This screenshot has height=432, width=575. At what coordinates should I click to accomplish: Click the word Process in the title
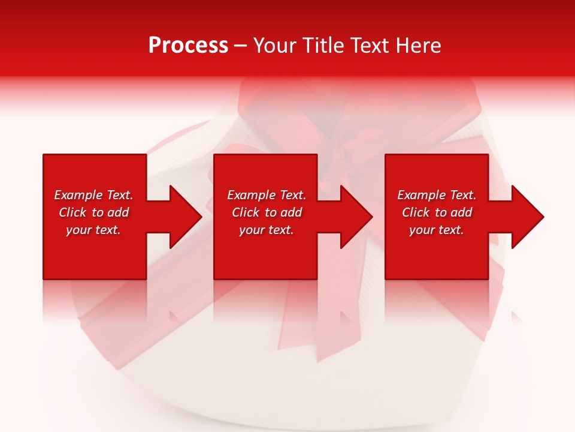(188, 46)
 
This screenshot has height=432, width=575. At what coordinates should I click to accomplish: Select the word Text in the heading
(368, 46)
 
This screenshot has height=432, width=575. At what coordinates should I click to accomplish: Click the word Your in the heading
(275, 46)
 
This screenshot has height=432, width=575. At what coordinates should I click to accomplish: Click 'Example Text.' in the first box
(93, 195)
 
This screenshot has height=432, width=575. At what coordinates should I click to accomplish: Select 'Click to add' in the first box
(93, 212)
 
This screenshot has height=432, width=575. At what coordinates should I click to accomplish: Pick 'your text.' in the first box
(93, 230)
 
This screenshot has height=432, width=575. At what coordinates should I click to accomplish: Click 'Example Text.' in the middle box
(267, 195)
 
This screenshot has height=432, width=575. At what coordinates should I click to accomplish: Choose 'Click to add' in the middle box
(267, 212)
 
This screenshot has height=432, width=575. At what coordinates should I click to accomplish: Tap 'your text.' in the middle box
(267, 230)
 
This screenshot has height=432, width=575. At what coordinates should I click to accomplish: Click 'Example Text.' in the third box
(437, 195)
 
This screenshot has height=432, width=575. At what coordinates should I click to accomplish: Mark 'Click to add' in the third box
(437, 212)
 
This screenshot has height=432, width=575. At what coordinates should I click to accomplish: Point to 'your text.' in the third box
(437, 230)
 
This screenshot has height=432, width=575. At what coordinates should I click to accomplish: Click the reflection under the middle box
(265, 300)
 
